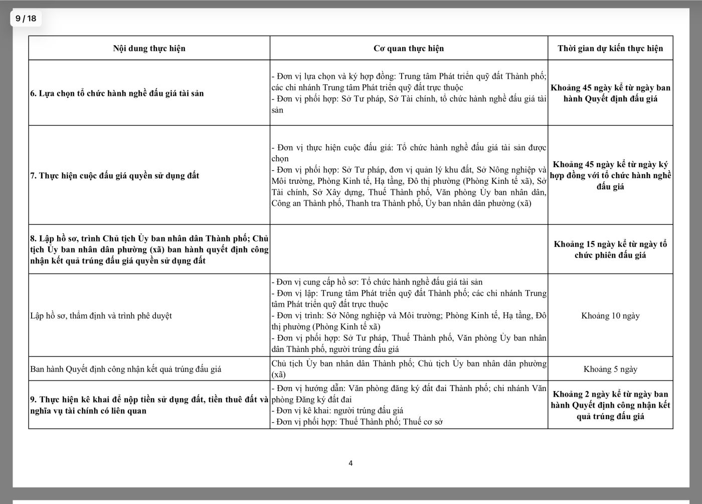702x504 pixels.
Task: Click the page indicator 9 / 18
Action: (x=26, y=19)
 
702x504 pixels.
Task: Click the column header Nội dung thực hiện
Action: (x=149, y=48)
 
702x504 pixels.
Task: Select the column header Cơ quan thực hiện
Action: (x=408, y=48)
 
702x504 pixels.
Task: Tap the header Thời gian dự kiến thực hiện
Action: (x=610, y=48)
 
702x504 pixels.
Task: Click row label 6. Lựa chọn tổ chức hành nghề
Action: (x=117, y=93)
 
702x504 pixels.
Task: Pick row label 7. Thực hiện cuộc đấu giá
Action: (x=114, y=176)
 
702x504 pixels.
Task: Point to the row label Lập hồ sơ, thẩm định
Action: (x=101, y=316)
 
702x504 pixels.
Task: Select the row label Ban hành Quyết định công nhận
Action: (x=125, y=369)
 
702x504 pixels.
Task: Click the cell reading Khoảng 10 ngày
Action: (x=610, y=316)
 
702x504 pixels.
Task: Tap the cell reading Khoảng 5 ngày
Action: (x=610, y=369)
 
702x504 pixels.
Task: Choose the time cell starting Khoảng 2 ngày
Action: (x=610, y=405)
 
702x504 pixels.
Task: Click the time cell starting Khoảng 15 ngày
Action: (x=610, y=249)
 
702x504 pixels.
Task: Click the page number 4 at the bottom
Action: (x=350, y=463)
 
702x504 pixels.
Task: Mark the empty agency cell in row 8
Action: (x=408, y=249)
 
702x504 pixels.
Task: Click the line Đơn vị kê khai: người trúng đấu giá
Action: (x=337, y=411)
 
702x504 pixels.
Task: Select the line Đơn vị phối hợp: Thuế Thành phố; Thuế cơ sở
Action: (x=357, y=422)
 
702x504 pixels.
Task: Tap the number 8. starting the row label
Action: (x=34, y=238)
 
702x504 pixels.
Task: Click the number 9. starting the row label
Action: (x=34, y=400)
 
